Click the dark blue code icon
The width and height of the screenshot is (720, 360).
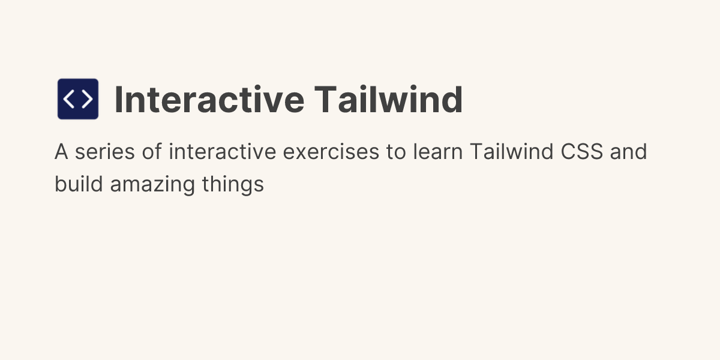(x=78, y=99)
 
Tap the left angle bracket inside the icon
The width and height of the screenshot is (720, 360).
(x=69, y=99)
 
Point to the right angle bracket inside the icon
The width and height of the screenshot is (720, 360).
(x=87, y=99)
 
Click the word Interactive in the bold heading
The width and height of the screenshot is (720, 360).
(x=208, y=100)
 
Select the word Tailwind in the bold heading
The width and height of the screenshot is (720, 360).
(x=388, y=100)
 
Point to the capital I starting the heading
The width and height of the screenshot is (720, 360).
(x=118, y=100)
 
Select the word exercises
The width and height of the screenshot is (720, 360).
(x=331, y=152)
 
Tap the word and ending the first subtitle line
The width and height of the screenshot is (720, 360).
(x=629, y=152)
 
